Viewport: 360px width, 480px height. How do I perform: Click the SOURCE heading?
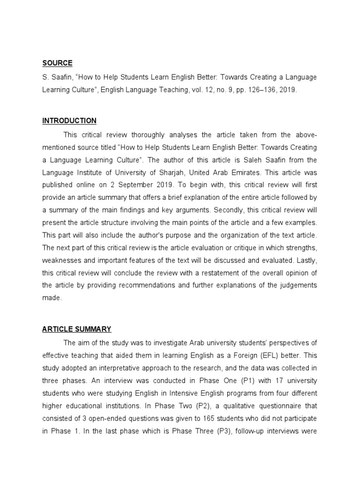click(57, 63)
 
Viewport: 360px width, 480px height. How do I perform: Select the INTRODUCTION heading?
click(69, 121)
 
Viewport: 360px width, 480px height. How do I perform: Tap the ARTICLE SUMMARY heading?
click(77, 330)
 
